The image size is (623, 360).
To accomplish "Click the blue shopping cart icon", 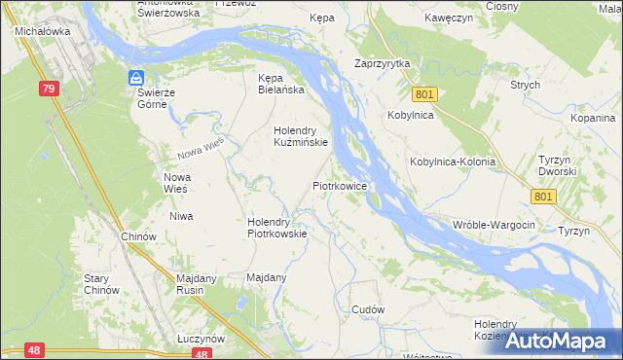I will (137, 78).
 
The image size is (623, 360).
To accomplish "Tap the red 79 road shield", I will (50, 89).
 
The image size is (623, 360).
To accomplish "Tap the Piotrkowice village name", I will (339, 184).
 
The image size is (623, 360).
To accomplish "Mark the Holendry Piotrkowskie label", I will (277, 227).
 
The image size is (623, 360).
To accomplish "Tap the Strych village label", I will (525, 85).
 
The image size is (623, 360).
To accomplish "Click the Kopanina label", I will (594, 117).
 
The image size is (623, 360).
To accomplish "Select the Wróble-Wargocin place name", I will (495, 225).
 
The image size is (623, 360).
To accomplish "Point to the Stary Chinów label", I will (101, 284).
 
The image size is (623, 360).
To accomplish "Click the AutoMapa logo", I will (559, 341).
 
